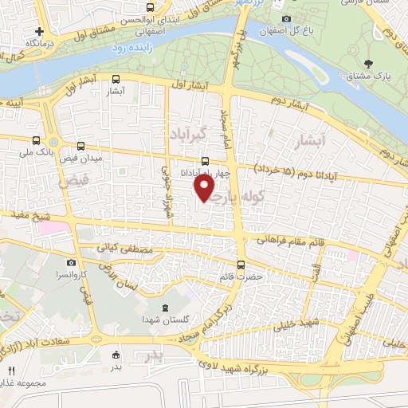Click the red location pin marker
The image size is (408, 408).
pyautogui.click(x=205, y=188)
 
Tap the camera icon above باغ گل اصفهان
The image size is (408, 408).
pyautogui.click(x=286, y=19)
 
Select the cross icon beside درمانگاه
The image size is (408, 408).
pyautogui.click(x=39, y=30)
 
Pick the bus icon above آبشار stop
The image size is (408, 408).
pyautogui.click(x=117, y=79)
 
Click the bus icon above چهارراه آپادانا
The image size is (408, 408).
pyautogui.click(x=207, y=159)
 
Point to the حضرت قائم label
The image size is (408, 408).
pyautogui.click(x=241, y=277)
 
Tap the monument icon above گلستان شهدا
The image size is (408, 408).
pyautogui.click(x=165, y=308)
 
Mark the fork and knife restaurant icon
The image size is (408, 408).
pyautogui.click(x=11, y=371)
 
